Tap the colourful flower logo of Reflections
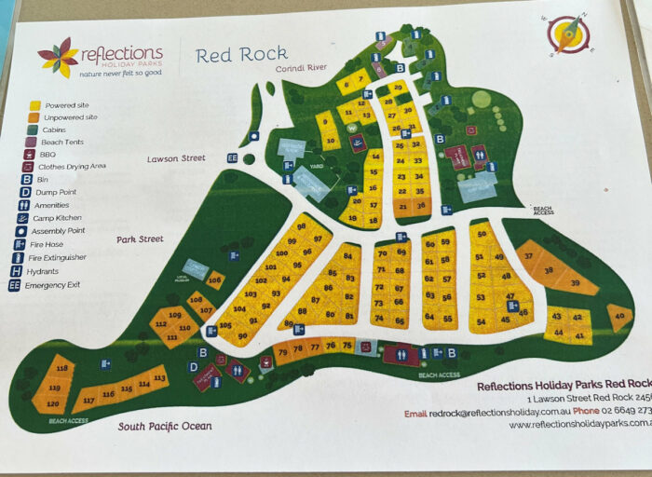(x=58, y=57)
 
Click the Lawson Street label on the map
(x=175, y=158)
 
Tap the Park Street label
(x=140, y=239)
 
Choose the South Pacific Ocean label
(x=164, y=426)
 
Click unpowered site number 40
(x=618, y=316)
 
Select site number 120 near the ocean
(x=53, y=402)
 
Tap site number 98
(x=301, y=226)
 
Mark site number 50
(x=482, y=235)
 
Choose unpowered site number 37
(x=529, y=255)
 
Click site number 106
(x=215, y=279)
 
